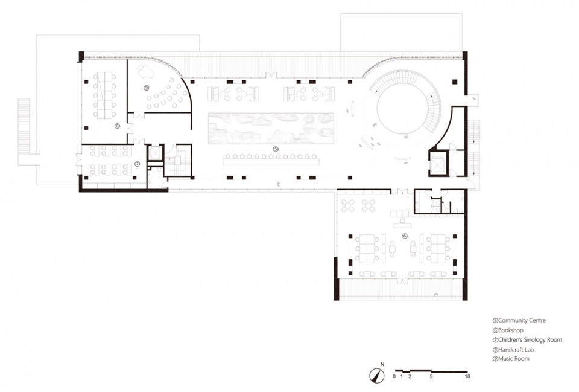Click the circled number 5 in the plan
click(276, 149)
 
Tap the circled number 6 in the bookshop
click(405, 236)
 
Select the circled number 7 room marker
click(137, 164)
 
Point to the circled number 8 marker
click(117, 126)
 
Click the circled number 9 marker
click(146, 88)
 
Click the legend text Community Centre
click(522, 320)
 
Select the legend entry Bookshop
click(511, 330)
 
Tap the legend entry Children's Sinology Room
click(530, 340)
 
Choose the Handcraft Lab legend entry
click(516, 350)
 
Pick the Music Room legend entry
click(514, 358)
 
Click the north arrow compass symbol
click(376, 375)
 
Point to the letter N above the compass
click(382, 364)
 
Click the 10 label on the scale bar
click(467, 377)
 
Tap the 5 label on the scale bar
click(431, 377)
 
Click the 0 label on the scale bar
click(394, 377)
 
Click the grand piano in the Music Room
click(145, 71)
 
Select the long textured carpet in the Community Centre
click(271, 128)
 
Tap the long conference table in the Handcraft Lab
click(104, 95)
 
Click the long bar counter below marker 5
click(271, 162)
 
